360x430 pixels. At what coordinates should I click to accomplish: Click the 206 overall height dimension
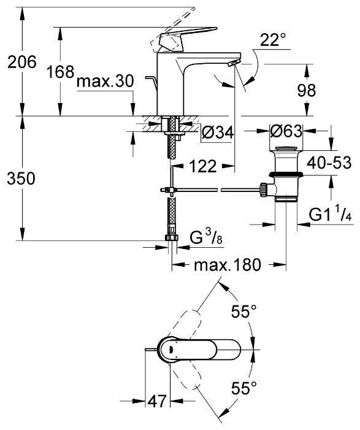coord(21,62)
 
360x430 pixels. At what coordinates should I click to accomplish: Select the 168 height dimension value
coord(60,72)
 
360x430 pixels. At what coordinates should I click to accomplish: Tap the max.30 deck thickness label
coord(105,82)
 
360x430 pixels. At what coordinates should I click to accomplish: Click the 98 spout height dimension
coord(306,90)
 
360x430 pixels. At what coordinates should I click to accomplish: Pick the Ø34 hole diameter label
coord(218,132)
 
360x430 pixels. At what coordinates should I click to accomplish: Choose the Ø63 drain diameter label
coord(286,131)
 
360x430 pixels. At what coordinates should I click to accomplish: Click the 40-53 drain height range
coord(329,163)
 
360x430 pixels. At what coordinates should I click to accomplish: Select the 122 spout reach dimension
coord(203,166)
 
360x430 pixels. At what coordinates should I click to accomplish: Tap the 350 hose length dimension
coord(21,179)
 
